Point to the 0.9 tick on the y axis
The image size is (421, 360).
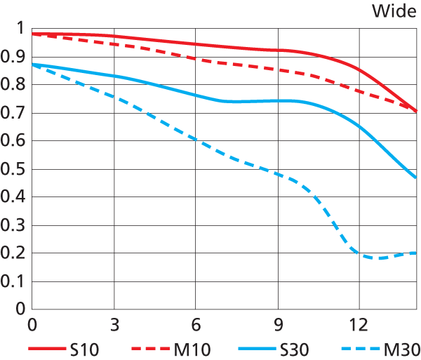click(13, 57)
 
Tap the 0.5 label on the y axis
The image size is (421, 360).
click(13, 169)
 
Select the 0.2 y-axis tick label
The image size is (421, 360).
click(13, 253)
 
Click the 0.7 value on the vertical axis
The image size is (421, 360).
click(13, 113)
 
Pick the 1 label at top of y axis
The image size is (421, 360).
click(20, 29)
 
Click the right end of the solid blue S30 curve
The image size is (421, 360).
click(416, 178)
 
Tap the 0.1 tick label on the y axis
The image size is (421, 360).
click(13, 281)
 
